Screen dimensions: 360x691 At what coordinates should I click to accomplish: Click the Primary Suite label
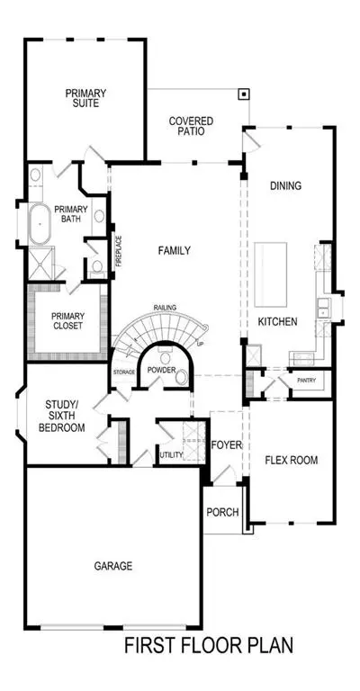tap(85, 98)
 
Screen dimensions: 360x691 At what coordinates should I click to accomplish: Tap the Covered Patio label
tap(191, 126)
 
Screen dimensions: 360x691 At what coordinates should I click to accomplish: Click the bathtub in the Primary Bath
tap(40, 223)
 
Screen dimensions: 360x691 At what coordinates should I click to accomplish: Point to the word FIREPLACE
tap(119, 251)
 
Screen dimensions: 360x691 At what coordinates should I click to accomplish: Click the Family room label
tap(175, 251)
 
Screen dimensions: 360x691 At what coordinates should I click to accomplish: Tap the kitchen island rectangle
tap(271, 275)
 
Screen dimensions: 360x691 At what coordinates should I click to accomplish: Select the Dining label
tap(286, 185)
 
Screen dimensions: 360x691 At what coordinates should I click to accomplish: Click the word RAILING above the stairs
tap(166, 307)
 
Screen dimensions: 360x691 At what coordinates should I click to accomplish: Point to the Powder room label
tap(162, 369)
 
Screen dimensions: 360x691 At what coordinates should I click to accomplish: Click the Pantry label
tap(306, 380)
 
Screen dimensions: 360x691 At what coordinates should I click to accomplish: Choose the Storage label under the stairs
tap(124, 372)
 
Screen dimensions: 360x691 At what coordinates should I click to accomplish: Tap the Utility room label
tap(171, 454)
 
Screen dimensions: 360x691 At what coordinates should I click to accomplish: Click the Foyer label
tap(227, 445)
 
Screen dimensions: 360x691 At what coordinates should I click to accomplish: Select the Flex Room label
tap(292, 460)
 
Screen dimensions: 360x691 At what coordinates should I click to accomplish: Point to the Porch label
tap(222, 512)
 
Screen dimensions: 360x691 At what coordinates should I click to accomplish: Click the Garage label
tap(113, 565)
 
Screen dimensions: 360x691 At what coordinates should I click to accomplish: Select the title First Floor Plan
tap(209, 646)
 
